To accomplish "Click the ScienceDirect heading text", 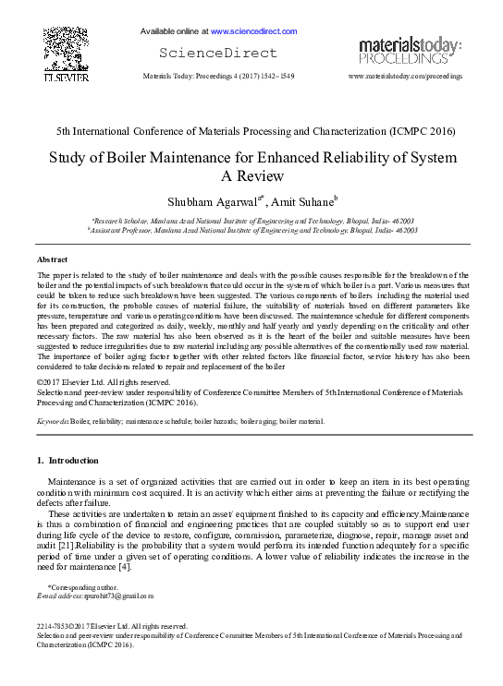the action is pyautogui.click(x=205, y=52).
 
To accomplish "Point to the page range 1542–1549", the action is pyautogui.click(x=277, y=76).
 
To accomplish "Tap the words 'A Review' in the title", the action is pyautogui.click(x=251, y=176).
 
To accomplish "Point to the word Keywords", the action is pyautogui.click(x=52, y=420).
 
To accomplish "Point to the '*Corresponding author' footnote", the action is pyautogui.click(x=82, y=587).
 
